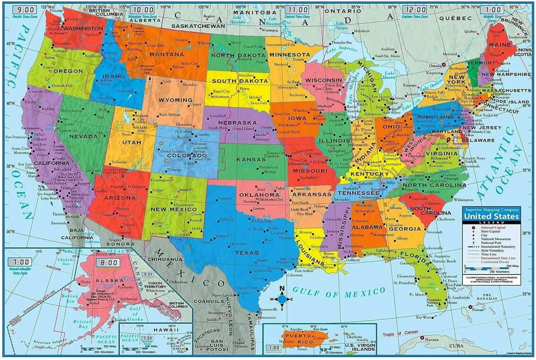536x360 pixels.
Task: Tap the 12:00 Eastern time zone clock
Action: [x=414, y=9]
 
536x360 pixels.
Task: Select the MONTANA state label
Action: [x=166, y=54]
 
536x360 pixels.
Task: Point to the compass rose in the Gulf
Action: [x=282, y=298]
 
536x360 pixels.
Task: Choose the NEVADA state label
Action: [x=83, y=137]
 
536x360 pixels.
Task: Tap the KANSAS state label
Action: [x=251, y=160]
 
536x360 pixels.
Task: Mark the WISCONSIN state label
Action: [x=323, y=80]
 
